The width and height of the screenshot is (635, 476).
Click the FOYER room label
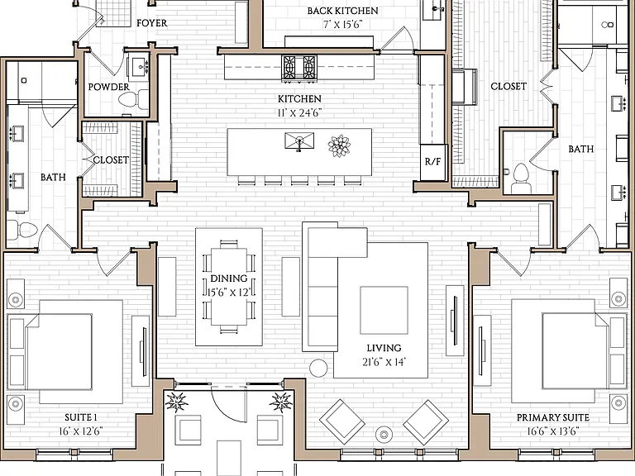pyautogui.click(x=152, y=23)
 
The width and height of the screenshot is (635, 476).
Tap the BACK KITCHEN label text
pyautogui.click(x=342, y=11)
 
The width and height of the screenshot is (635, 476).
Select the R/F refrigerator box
pyautogui.click(x=432, y=162)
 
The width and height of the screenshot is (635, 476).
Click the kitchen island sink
pyautogui.click(x=299, y=140)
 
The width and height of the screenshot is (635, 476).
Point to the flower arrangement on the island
pyautogui.click(x=339, y=145)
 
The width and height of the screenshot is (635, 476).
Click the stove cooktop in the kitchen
pyautogui.click(x=299, y=67)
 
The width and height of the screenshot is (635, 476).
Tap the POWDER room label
pyautogui.click(x=109, y=87)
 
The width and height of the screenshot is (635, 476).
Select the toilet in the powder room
pyautogui.click(x=136, y=99)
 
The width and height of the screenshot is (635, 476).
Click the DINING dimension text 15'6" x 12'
pyautogui.click(x=229, y=293)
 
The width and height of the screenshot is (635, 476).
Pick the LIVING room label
pyautogui.click(x=384, y=348)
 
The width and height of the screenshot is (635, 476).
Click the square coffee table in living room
pyautogui.click(x=384, y=311)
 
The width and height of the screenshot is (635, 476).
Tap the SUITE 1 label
pyautogui.click(x=81, y=417)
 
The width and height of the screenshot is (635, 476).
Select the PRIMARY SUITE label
pyautogui.click(x=553, y=417)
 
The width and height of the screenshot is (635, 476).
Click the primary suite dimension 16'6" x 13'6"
pyautogui.click(x=553, y=431)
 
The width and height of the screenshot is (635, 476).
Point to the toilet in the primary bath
pyautogui.click(x=521, y=178)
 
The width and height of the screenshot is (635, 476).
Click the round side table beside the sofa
pyautogui.click(x=318, y=368)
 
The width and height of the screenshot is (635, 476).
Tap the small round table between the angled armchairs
pyautogui.click(x=384, y=435)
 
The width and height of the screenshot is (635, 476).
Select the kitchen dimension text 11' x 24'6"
pyautogui.click(x=299, y=112)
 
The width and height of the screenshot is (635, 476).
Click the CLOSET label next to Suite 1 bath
pyautogui.click(x=111, y=160)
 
